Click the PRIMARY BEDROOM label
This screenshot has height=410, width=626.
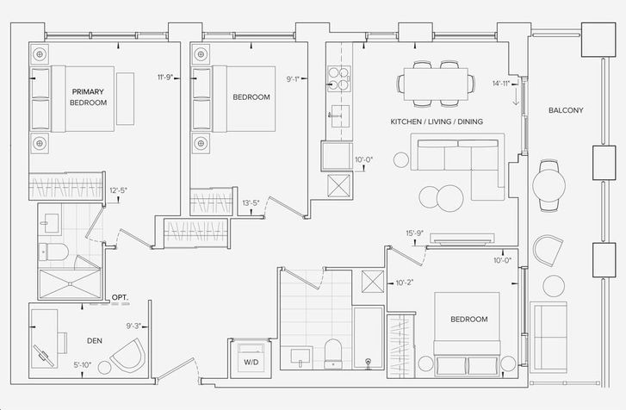88,97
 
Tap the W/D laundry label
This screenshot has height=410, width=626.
251,363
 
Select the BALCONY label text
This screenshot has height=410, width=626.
566,110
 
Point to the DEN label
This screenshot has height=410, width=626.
95,340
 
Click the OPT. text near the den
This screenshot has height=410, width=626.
120,297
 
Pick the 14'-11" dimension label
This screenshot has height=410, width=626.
502,84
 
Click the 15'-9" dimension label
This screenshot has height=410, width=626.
415,233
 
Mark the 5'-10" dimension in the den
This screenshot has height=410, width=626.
83,364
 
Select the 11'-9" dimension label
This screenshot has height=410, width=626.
164,77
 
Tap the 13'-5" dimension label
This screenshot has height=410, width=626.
251,202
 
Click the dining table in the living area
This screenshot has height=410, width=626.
436,84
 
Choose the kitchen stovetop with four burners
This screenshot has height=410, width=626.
339,78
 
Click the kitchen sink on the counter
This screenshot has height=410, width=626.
339,116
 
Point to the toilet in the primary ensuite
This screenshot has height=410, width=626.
53,252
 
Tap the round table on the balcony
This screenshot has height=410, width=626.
549,185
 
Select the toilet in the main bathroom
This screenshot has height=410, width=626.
332,354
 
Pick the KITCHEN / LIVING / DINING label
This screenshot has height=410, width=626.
437,121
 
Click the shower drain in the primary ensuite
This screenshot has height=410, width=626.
70,284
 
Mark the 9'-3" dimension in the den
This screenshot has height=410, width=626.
133,326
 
